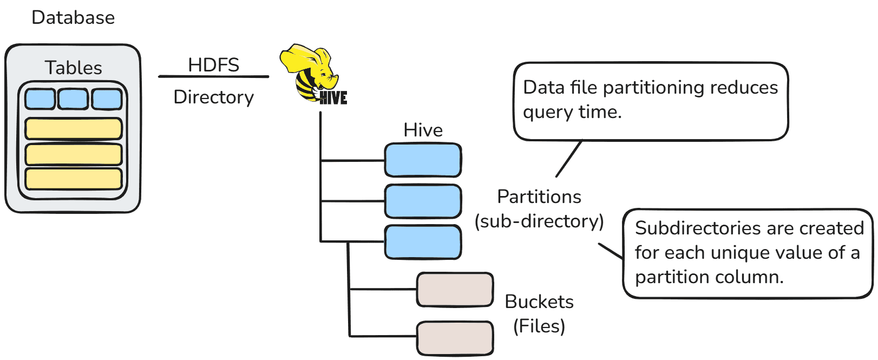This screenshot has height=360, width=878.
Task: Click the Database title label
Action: click(x=73, y=17)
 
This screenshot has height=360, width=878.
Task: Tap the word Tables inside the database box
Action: click(x=73, y=68)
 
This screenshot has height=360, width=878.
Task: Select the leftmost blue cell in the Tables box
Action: click(x=40, y=99)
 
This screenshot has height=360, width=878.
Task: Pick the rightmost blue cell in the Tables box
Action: click(x=107, y=99)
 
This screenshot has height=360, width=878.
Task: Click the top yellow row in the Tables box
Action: click(x=73, y=129)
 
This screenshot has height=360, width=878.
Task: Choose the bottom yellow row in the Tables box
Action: click(x=73, y=179)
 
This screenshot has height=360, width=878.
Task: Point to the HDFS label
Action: click(x=213, y=65)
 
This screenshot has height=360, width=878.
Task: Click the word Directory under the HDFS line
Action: click(x=213, y=97)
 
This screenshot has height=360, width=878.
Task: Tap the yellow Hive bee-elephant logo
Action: click(x=312, y=73)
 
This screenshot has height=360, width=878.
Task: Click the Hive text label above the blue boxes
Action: click(x=423, y=130)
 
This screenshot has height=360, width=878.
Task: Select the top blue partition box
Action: click(x=423, y=160)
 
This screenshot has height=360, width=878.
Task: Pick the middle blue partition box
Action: click(x=423, y=201)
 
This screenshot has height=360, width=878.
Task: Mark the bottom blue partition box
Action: click(x=423, y=242)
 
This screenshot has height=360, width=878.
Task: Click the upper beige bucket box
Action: click(x=455, y=290)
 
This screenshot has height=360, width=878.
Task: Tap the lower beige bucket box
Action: click(x=455, y=338)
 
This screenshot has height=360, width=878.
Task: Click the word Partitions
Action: click(x=539, y=197)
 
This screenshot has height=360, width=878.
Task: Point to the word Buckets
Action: click(x=539, y=302)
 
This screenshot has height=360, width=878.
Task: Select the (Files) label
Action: click(x=539, y=326)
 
